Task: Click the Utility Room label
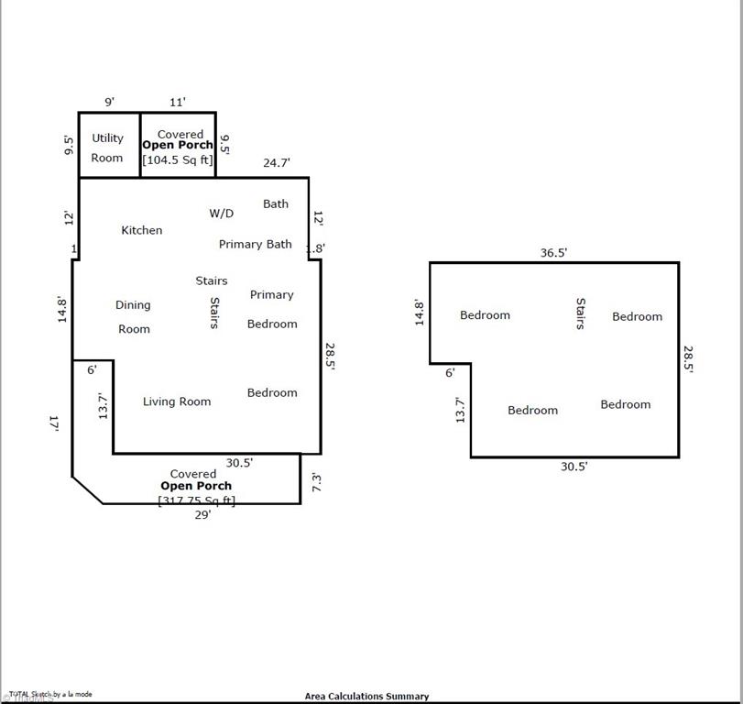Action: click(107, 148)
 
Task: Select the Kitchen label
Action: click(142, 230)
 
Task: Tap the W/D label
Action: click(222, 214)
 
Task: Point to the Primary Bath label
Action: click(256, 244)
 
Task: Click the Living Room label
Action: click(177, 401)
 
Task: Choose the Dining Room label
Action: click(134, 317)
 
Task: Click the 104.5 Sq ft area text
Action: click(178, 159)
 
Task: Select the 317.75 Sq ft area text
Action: click(196, 500)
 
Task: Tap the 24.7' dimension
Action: click(277, 162)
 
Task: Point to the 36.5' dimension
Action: click(553, 253)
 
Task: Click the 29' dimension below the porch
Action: click(202, 515)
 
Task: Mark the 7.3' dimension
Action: click(316, 482)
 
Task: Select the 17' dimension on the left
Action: click(55, 423)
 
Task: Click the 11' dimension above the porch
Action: click(178, 102)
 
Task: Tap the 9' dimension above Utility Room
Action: click(108, 102)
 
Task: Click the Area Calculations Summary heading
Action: click(366, 697)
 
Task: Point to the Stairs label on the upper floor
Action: click(580, 313)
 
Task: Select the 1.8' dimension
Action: click(315, 248)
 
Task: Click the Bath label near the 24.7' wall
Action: click(276, 203)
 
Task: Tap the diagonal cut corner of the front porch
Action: click(87, 490)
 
